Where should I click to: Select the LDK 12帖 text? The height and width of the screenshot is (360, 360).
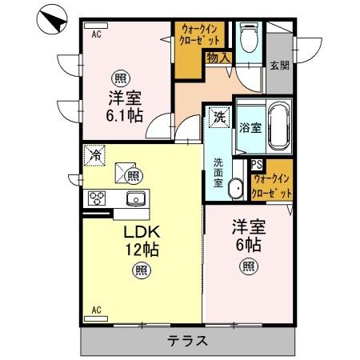point(142,240)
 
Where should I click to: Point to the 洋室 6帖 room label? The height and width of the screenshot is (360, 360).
point(249,234)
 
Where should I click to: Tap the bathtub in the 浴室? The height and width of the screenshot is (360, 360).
point(279,128)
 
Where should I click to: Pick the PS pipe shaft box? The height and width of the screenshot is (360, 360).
point(257,165)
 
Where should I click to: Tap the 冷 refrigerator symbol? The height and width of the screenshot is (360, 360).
point(94,154)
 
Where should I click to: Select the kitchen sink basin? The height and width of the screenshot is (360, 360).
point(135,198)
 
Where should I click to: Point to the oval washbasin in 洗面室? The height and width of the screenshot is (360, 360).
point(235,189)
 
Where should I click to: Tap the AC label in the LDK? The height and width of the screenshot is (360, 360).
point(96,310)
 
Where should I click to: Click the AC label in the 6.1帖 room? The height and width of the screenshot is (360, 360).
point(96,34)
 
